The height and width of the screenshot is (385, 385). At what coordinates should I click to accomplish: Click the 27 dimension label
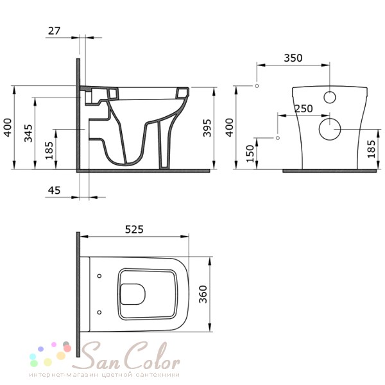(54, 31)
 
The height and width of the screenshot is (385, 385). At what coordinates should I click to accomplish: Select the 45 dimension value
(54, 191)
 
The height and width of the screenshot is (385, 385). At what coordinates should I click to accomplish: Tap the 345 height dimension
(28, 133)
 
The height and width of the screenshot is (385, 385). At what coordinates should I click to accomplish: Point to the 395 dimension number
(207, 128)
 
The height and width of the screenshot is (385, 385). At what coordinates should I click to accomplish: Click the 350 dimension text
(293, 58)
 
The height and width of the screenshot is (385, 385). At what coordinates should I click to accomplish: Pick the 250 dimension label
(304, 108)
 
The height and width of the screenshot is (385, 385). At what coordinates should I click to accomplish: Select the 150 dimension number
(250, 153)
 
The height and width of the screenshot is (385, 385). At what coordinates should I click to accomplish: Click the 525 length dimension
(134, 229)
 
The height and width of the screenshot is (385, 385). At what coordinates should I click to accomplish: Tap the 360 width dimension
(203, 294)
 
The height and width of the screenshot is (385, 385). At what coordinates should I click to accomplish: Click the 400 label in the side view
(8, 128)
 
